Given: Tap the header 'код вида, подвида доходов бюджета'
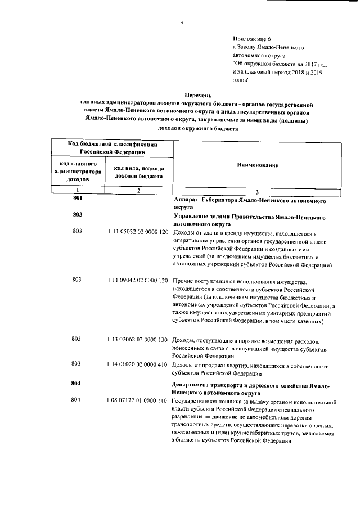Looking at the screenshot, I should coord(138,172).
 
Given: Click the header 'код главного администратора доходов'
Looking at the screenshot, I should coord(78,171).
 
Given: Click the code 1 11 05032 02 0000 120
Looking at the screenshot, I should coord(138,232).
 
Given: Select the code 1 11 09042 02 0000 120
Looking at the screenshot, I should coord(138,280).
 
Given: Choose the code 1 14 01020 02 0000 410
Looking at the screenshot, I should coord(138,364).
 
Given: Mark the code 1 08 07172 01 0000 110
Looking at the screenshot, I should coord(138,400).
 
